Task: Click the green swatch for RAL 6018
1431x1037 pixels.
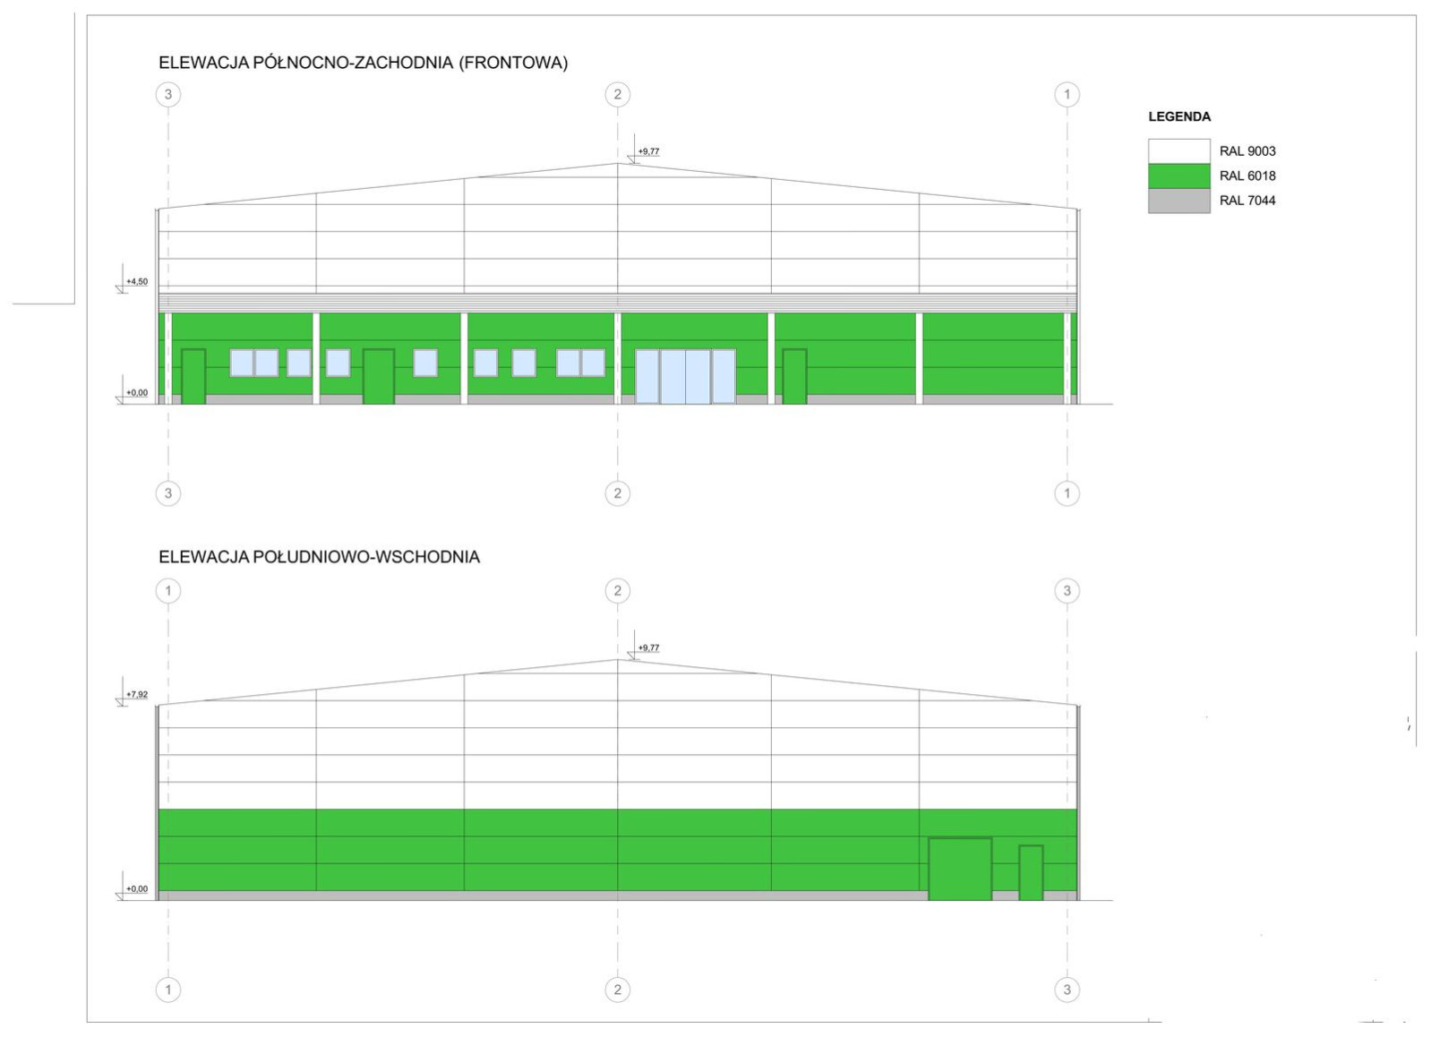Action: point(1178,176)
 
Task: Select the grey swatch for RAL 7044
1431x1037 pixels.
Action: point(1178,201)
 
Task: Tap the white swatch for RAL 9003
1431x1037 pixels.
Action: point(1178,151)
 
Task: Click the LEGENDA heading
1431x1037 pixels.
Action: point(1179,117)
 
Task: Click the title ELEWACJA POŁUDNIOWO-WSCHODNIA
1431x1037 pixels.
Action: point(319,557)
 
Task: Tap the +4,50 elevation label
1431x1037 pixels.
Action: point(137,282)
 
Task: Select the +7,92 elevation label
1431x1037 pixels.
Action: point(137,695)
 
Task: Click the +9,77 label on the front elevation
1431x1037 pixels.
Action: point(648,151)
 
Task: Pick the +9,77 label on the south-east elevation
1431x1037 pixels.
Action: point(648,647)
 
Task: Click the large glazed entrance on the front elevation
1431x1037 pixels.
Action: point(685,376)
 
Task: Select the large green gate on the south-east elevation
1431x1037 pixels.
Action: point(960,869)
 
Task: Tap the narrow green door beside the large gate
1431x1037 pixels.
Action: point(1031,873)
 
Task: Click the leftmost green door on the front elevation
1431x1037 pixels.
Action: point(193,376)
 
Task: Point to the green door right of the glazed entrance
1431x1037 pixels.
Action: point(794,376)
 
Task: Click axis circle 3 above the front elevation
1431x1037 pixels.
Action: point(168,95)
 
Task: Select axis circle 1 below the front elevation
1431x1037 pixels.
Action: point(1067,493)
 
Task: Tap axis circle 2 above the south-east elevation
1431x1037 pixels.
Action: point(617,591)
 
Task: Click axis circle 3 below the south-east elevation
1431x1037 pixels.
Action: point(1067,990)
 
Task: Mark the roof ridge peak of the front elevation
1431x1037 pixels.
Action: point(617,164)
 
